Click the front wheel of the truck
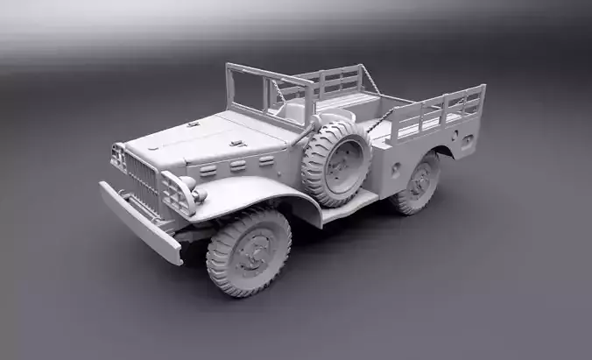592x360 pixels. point(248,251)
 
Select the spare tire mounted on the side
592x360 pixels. point(336,163)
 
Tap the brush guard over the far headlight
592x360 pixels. point(117,158)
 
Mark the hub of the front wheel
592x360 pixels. point(253,251)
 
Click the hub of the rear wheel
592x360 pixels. point(421,182)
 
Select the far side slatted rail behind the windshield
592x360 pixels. point(328,82)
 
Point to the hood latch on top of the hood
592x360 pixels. point(235,143)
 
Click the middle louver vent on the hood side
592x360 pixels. point(237,165)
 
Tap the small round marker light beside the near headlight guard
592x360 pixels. point(200,196)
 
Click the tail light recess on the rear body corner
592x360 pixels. point(468,139)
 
